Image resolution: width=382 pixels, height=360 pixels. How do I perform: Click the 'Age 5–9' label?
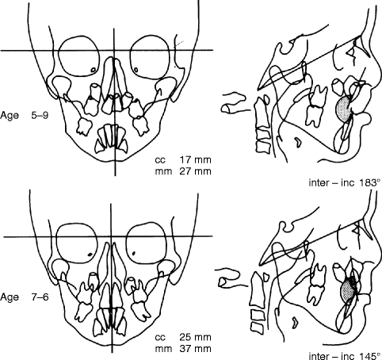tap(25, 116)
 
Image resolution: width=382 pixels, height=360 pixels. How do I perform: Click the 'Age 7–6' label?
tap(25, 297)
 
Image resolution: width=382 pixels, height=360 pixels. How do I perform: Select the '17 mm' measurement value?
tap(196, 160)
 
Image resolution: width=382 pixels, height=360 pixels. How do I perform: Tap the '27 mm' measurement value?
tap(196, 171)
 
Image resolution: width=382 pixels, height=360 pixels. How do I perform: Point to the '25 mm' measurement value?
tap(196, 337)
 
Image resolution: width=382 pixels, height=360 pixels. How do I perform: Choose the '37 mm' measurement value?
tap(196, 349)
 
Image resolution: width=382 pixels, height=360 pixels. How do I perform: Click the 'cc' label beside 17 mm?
tap(160, 160)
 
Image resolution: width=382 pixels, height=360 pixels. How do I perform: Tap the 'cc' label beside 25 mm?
tap(160, 338)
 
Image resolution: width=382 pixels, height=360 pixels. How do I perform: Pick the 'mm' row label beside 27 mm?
tap(163, 172)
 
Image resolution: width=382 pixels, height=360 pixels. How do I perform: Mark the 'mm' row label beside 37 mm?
tap(163, 350)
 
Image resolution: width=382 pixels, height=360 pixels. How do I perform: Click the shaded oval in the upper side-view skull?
tap(344, 109)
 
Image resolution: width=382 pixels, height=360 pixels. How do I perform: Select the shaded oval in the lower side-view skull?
tap(348, 291)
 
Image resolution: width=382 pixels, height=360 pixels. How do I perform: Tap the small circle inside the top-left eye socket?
tap(93, 70)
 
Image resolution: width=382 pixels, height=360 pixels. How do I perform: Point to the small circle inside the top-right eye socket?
tap(136, 70)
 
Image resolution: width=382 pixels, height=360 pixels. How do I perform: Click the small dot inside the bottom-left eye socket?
tap(90, 255)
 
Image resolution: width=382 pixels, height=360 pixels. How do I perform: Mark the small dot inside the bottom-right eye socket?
tap(134, 253)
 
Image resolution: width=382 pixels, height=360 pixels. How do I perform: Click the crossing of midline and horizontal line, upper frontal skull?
tap(114, 50)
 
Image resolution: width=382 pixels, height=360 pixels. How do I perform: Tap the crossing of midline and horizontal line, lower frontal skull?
tap(111, 236)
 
